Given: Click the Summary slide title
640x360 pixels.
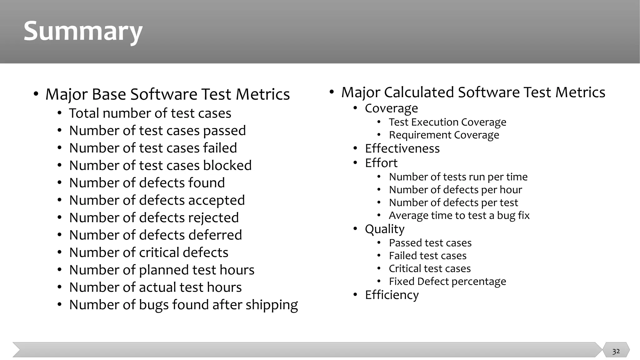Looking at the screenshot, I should [83, 32].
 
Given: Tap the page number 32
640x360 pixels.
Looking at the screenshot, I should [616, 351].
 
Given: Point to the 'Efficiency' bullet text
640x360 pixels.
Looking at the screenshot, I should [392, 295].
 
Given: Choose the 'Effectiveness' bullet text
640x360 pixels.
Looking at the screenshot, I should [402, 148].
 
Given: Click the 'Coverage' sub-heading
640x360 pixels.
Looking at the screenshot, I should [391, 108].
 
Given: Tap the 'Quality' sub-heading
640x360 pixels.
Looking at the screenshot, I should [384, 229].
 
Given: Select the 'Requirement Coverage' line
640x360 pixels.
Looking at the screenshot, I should [444, 135].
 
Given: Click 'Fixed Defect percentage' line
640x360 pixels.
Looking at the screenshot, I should [447, 282].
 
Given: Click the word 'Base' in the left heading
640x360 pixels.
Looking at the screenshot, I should [109, 94].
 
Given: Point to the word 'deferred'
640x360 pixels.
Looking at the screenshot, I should [216, 235].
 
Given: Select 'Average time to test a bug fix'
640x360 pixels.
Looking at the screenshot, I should [459, 216].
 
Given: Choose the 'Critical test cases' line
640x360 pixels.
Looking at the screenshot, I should [430, 269].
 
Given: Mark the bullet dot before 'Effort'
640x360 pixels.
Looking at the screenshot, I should [355, 163].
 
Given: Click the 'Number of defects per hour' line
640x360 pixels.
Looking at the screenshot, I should [455, 190].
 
